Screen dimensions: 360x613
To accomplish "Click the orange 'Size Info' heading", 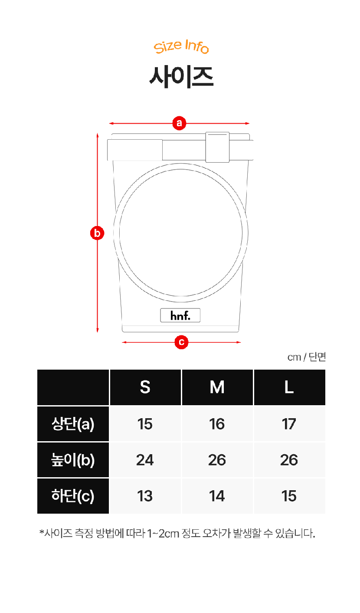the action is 181,46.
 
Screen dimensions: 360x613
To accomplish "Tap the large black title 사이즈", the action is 181,77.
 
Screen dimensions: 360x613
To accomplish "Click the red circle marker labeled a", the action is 179,123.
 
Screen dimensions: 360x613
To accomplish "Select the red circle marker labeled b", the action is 97,233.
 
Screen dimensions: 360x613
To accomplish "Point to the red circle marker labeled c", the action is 181,342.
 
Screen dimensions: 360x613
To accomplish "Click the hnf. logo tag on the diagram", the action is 180,315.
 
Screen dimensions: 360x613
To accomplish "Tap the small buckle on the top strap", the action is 217,147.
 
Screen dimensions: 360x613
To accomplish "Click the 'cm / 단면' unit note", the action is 306,357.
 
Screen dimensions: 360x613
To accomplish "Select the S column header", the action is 145,387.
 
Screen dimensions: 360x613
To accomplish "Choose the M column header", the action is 217,387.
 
